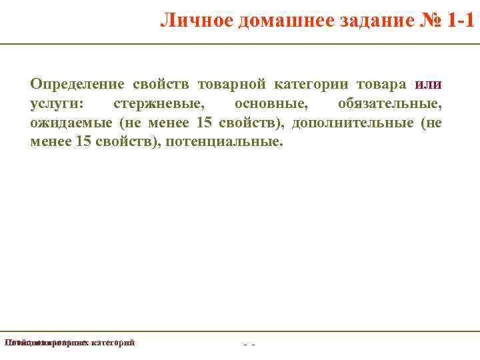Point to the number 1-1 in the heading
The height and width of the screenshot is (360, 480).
tap(459, 21)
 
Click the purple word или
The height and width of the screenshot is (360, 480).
tap(428, 85)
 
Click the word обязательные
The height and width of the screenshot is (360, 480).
tap(389, 104)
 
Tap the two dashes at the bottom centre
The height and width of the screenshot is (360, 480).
tap(249, 345)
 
